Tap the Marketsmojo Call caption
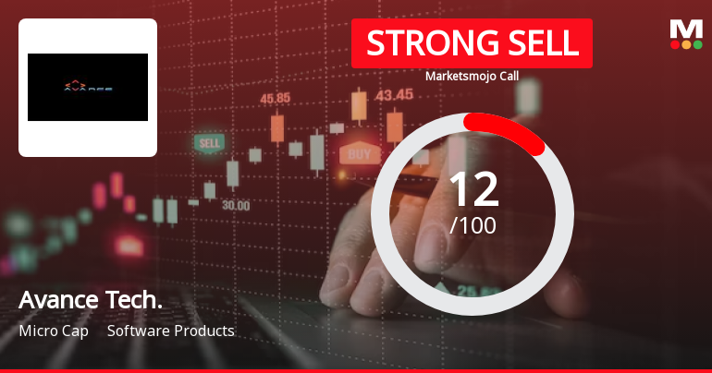pos(472,77)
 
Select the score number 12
pos(473,189)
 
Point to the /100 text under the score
pos(473,224)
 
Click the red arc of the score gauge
pos(508,129)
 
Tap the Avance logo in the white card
pos(88,88)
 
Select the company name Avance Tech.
pos(91,300)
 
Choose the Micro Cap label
pos(53,331)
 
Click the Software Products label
pos(171,331)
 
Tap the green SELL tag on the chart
pos(209,143)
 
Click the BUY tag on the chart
pos(360,153)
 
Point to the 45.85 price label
pos(276,98)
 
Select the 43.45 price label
pos(394,93)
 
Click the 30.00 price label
pos(235,205)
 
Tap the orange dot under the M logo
pos(685,44)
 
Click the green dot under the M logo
pos(697,44)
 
